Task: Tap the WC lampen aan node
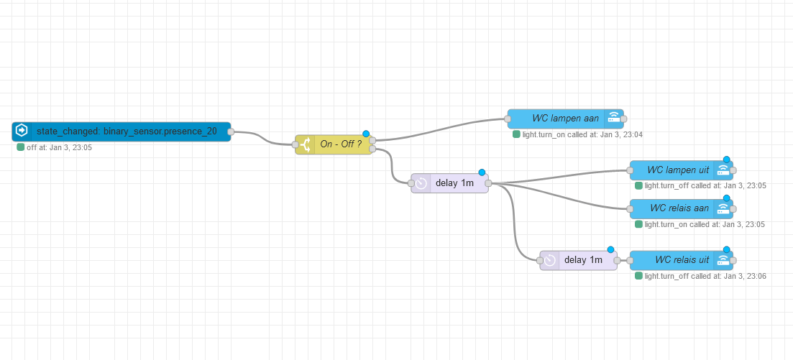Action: pyautogui.click(x=565, y=119)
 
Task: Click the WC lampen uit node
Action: pyautogui.click(x=677, y=170)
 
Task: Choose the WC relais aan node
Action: pyautogui.click(x=679, y=208)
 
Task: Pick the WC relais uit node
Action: pyautogui.click(x=679, y=260)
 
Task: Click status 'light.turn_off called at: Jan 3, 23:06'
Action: pyautogui.click(x=705, y=276)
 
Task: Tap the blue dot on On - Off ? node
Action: pyautogui.click(x=366, y=134)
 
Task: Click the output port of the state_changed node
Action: pyautogui.click(x=231, y=131)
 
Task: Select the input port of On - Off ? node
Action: pyautogui.click(x=295, y=144)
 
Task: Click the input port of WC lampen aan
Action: pyautogui.click(x=508, y=119)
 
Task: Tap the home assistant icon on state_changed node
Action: pyautogui.click(x=22, y=131)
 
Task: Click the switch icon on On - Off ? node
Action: pyautogui.click(x=306, y=144)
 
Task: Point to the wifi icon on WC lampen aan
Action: pyautogui.click(x=614, y=119)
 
